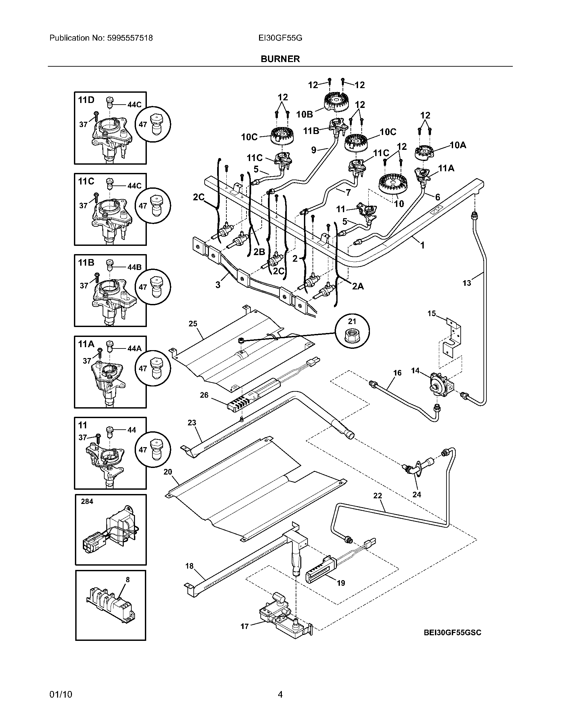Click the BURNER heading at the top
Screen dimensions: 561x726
pyautogui.click(x=280, y=59)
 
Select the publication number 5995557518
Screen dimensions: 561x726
pyautogui.click(x=130, y=38)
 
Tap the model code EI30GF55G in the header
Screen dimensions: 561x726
pyautogui.click(x=280, y=38)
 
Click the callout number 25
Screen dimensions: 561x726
pyautogui.click(x=193, y=323)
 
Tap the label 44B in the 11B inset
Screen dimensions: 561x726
pyautogui.click(x=134, y=267)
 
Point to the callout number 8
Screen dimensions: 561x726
pyautogui.click(x=128, y=579)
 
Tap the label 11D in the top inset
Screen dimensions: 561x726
pyautogui.click(x=86, y=100)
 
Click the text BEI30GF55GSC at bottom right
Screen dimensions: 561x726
pyautogui.click(x=452, y=632)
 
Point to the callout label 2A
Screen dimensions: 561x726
pyautogui.click(x=358, y=286)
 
